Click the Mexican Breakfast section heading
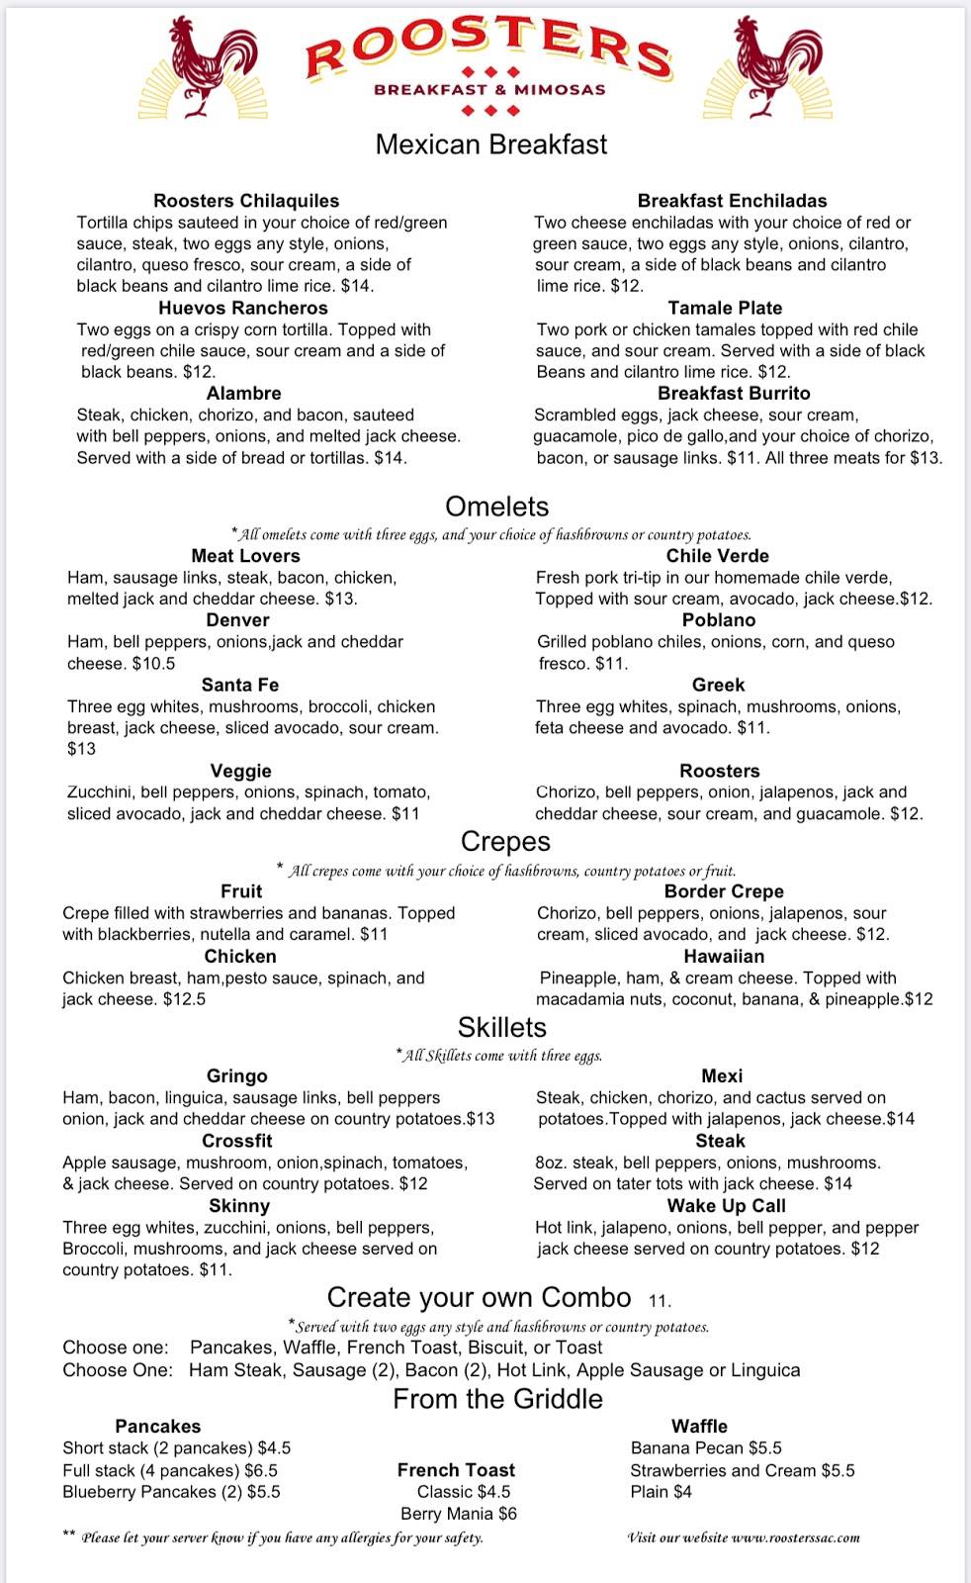point(491,144)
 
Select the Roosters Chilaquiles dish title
point(246,201)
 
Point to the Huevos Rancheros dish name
point(243,308)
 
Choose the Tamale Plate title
point(725,308)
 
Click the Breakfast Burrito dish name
point(734,393)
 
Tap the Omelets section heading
point(496,507)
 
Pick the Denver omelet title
point(237,620)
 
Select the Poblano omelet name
point(719,620)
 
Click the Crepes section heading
point(505,841)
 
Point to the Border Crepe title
point(724,891)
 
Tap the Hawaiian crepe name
point(724,957)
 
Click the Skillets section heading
point(501,1027)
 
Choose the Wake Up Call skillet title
point(727,1206)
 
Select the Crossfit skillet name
point(237,1141)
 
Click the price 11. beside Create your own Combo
point(660,1301)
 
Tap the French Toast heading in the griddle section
point(456,1470)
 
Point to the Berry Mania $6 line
point(459,1514)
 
